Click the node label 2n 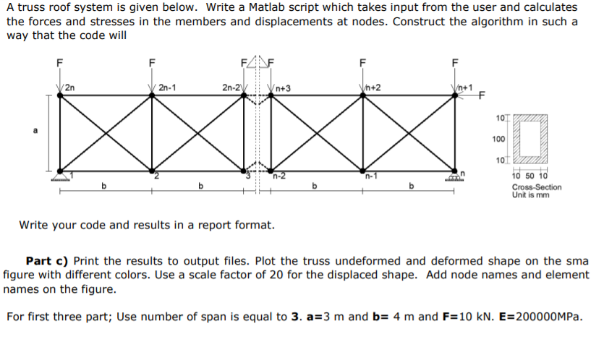[70, 87]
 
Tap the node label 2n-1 [168, 87]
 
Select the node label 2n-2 [231, 87]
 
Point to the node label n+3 [282, 88]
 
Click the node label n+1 [464, 87]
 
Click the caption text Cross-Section [536, 187]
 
